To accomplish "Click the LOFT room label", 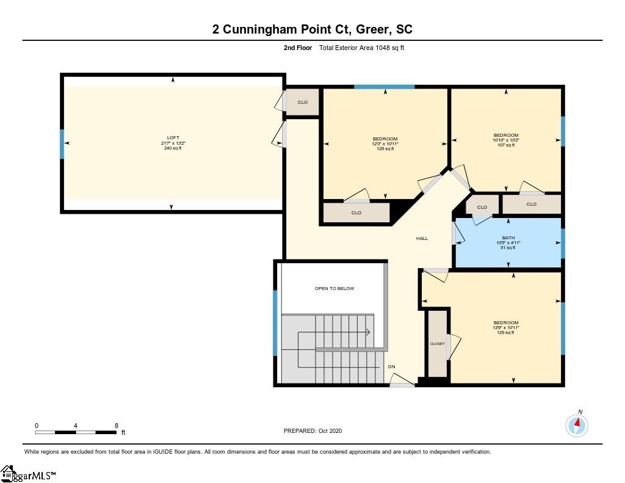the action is tap(173, 137).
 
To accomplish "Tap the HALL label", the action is tap(422, 239).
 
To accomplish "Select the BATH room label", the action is tap(508, 238).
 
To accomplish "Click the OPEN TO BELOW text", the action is tap(334, 288).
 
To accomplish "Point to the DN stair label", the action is tap(392, 366).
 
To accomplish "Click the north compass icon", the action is tap(577, 425).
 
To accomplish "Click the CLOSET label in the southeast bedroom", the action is tap(437, 344).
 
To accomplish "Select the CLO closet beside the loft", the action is tap(303, 102).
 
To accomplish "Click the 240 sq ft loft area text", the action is tap(173, 148).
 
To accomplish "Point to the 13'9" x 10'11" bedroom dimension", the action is tap(506, 327).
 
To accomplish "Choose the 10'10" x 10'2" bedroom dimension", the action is tap(506, 140).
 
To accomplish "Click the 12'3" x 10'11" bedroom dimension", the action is tap(386, 143).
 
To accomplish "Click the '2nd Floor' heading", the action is tap(298, 48).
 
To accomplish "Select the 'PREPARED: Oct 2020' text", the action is tap(313, 430).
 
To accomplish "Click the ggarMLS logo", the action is tap(28, 474).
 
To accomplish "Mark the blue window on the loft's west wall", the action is tap(62, 144).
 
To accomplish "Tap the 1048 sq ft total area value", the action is tap(390, 48).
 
